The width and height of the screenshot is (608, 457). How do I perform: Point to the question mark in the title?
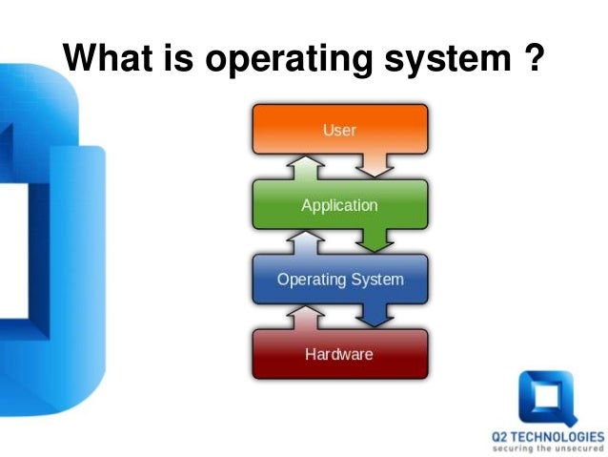tap(534, 59)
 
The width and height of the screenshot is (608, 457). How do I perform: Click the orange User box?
tap(339, 129)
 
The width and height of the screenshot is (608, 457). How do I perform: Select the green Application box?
tap(339, 204)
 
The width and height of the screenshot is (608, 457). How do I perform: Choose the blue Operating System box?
tap(339, 280)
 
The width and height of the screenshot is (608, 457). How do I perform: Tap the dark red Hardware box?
tap(339, 354)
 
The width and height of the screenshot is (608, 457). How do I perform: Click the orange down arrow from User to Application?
tap(376, 165)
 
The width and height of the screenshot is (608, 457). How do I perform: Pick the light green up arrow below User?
tap(304, 168)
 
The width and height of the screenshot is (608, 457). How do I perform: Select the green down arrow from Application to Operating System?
tap(376, 240)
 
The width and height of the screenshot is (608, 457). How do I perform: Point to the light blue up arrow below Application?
tap(304, 243)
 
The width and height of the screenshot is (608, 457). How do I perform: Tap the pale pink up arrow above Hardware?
tap(304, 318)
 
